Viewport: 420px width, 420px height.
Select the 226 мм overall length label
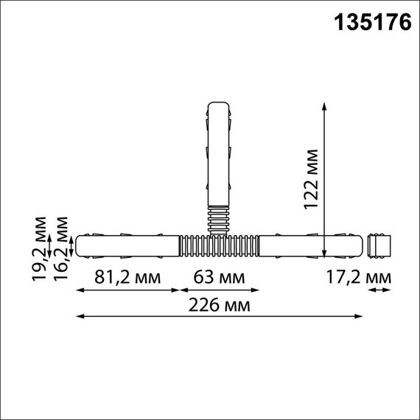tap(220, 305)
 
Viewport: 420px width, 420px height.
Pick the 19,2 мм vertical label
tap(41, 248)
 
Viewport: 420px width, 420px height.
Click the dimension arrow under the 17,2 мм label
tap(380, 290)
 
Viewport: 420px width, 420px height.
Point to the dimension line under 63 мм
tap(220, 290)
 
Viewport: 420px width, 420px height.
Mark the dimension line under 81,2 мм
tap(128, 290)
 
